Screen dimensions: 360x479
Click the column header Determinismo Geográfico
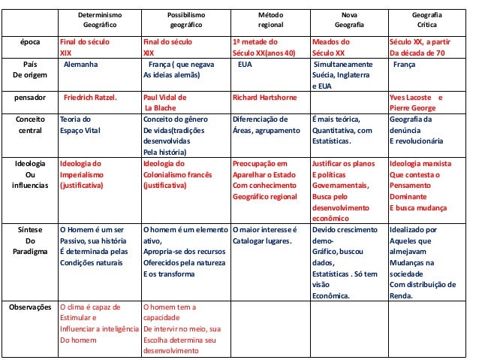click(100, 19)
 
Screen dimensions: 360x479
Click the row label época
click(31, 42)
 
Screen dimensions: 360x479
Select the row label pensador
click(31, 98)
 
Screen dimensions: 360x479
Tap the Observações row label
click(31, 307)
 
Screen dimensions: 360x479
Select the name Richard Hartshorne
click(265, 98)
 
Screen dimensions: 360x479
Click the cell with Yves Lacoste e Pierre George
click(416, 103)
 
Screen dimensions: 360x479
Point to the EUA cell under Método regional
click(244, 65)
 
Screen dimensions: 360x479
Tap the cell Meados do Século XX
click(331, 48)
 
